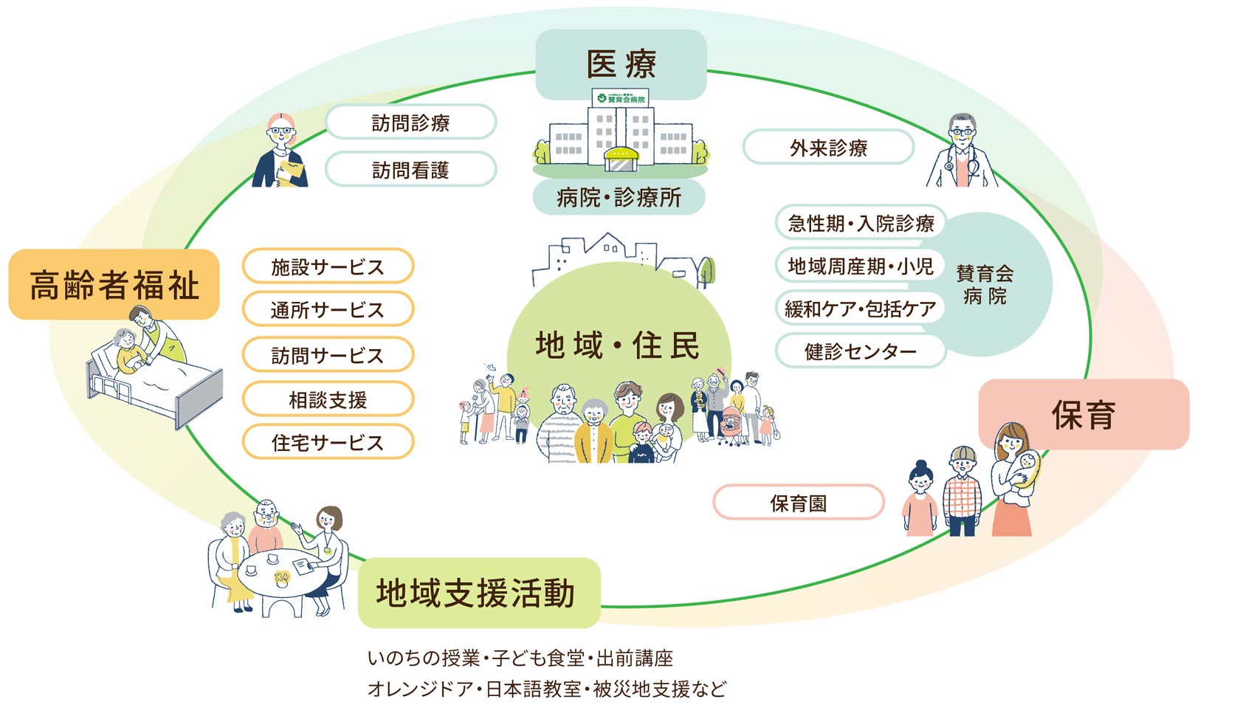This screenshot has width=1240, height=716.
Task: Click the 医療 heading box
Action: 621,64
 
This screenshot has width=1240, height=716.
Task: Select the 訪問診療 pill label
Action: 410,123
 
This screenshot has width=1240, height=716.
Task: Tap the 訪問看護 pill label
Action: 410,170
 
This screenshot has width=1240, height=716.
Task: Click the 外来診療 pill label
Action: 828,148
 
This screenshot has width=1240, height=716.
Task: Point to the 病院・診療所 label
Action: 619,197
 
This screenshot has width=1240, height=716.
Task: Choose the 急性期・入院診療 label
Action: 861,223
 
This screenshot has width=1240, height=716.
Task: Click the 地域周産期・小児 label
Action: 861,266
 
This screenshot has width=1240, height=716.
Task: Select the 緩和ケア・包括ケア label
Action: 861,309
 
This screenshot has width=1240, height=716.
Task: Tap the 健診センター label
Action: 861,351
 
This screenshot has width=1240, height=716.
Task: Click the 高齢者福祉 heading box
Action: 114,285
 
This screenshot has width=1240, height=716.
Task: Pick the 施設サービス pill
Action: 328,266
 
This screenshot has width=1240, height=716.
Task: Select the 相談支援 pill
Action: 328,399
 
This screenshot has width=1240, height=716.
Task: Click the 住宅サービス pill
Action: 328,442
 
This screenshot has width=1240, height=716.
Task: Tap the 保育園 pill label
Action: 798,503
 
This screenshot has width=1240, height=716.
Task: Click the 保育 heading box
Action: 1083,415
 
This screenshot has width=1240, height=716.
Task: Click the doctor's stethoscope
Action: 973,168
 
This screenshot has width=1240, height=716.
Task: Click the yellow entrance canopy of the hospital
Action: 620,156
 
